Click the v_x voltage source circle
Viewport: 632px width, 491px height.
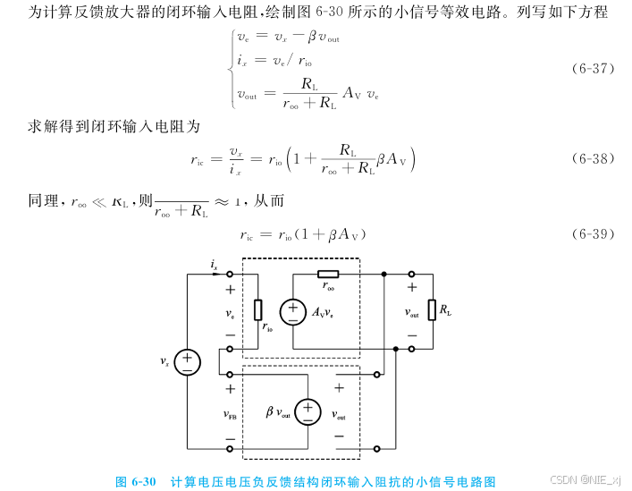(187, 361)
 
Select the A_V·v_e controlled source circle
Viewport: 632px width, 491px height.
(291, 312)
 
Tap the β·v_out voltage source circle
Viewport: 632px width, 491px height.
(308, 411)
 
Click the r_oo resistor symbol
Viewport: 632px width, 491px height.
(328, 274)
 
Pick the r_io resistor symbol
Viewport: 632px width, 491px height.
(258, 309)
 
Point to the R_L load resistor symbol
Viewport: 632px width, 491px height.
(433, 310)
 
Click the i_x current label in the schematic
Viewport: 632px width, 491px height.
(215, 265)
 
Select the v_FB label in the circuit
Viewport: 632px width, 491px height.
(230, 415)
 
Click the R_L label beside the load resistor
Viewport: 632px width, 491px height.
(445, 311)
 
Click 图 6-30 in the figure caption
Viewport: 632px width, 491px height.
(136, 481)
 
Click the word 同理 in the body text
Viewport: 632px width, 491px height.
(43, 201)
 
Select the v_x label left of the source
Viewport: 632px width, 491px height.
(165, 362)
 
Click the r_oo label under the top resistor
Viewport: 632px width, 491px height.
(329, 288)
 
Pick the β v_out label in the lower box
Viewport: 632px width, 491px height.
(277, 412)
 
